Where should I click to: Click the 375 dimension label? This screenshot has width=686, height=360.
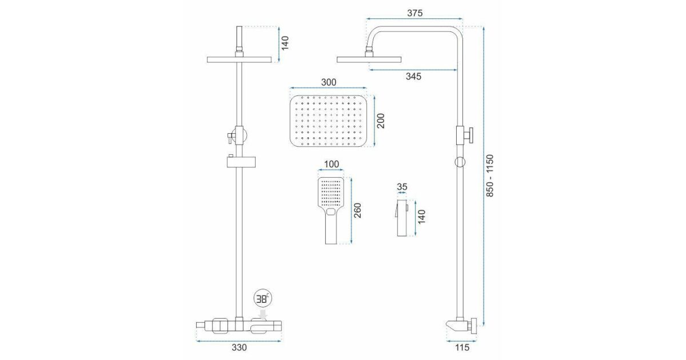click(x=414, y=13)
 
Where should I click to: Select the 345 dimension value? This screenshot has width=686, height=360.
click(x=413, y=76)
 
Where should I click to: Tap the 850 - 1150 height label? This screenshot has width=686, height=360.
click(x=490, y=175)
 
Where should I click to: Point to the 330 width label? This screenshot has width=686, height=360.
click(x=239, y=347)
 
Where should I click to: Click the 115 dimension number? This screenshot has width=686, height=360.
click(x=462, y=347)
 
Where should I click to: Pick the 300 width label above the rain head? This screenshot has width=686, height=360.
click(x=329, y=82)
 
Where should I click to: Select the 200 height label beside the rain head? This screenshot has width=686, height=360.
click(x=380, y=121)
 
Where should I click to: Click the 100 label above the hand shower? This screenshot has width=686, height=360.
click(x=332, y=164)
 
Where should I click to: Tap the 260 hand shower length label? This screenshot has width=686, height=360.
click(x=357, y=210)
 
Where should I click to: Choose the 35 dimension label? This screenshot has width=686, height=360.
click(x=402, y=187)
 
